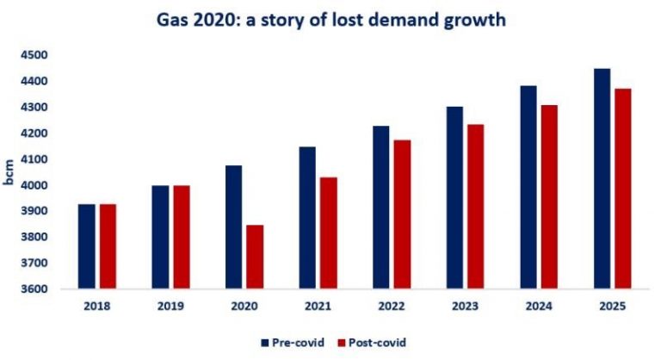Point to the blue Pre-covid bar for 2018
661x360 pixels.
click(87, 246)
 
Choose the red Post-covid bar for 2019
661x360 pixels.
click(182, 237)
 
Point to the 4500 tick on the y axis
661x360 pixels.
click(34, 55)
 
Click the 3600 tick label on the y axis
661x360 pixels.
click(34, 289)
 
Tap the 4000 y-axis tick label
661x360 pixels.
click(34, 185)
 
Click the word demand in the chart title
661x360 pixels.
click(398, 19)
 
